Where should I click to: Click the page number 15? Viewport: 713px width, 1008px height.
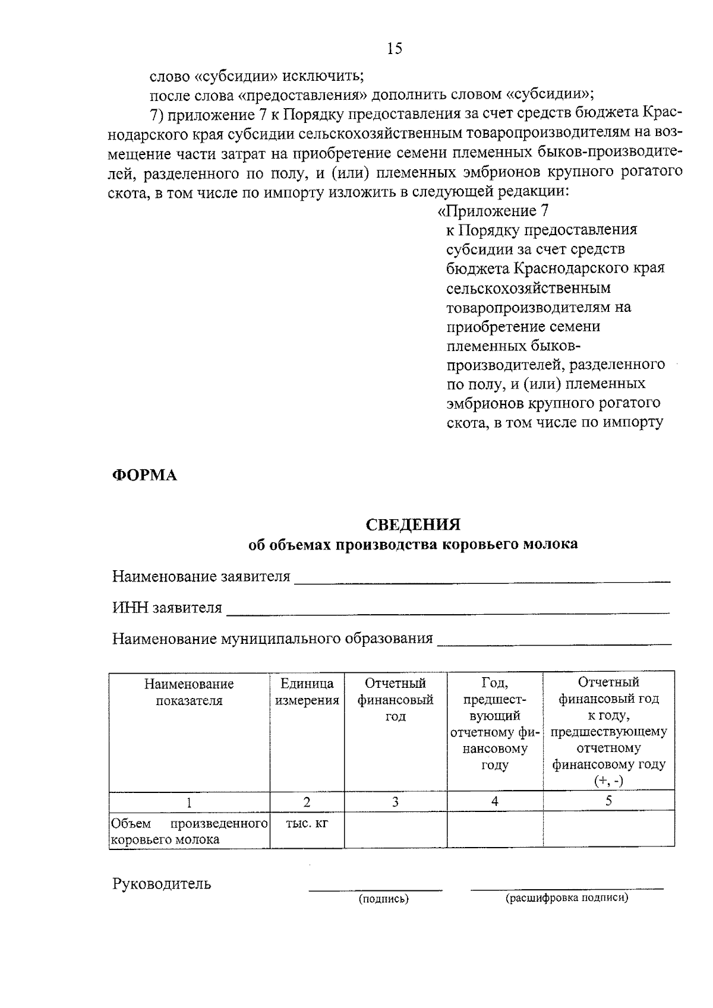(x=395, y=48)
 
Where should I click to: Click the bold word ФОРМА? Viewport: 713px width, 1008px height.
(x=145, y=475)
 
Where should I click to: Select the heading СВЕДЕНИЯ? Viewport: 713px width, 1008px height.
(x=413, y=525)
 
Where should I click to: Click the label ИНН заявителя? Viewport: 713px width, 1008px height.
(x=167, y=608)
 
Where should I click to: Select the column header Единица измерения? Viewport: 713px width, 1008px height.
(x=307, y=692)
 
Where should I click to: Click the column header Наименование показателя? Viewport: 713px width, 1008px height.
(x=189, y=692)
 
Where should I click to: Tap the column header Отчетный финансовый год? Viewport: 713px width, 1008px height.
(x=395, y=700)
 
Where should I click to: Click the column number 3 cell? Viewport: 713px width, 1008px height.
(x=395, y=802)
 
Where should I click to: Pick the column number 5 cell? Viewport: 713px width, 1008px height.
(x=608, y=801)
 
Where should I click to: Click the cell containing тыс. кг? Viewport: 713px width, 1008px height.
(x=307, y=824)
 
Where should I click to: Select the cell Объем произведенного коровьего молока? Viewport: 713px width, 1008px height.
(x=189, y=832)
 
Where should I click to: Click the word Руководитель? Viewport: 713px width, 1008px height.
(x=162, y=884)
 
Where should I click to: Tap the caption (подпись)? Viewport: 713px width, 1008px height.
(x=383, y=899)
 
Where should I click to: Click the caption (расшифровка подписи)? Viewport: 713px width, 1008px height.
(x=567, y=898)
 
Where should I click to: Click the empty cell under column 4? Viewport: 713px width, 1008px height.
(x=494, y=829)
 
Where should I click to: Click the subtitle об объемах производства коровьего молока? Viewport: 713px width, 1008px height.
(x=413, y=545)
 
